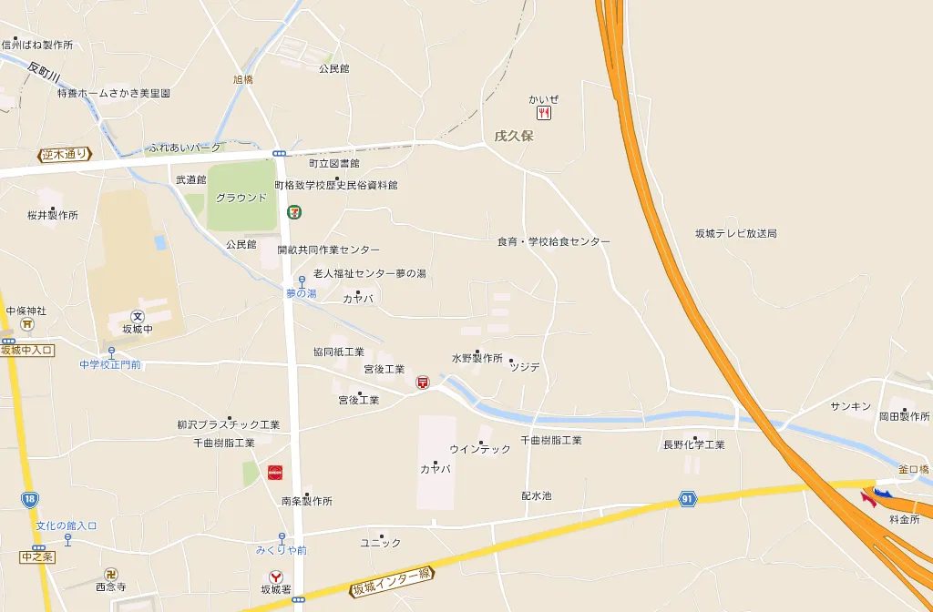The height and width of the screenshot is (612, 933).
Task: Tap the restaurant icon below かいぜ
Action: tap(544, 113)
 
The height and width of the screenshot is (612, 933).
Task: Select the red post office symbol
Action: tap(423, 383)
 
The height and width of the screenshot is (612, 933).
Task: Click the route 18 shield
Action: tap(30, 498)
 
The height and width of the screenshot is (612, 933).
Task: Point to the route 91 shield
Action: tap(687, 499)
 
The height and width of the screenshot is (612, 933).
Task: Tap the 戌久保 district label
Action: tap(513, 137)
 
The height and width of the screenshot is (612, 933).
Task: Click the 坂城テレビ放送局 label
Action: tap(735, 234)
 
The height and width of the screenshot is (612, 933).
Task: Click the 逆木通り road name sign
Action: tap(66, 155)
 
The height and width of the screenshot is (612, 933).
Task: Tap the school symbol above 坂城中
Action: tap(138, 316)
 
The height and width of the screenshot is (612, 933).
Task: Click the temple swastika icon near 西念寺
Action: tap(111, 574)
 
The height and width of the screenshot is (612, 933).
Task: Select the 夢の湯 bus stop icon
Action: tap(302, 281)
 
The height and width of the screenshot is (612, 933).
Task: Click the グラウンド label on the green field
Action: tap(241, 198)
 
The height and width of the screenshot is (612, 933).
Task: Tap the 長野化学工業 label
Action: tap(693, 444)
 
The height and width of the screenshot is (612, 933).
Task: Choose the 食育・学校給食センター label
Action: tap(553, 242)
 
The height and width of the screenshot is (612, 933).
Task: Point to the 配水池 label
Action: tap(536, 496)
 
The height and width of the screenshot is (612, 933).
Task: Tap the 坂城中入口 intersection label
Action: tap(28, 351)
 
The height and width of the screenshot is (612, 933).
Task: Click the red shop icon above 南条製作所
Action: tap(274, 473)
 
